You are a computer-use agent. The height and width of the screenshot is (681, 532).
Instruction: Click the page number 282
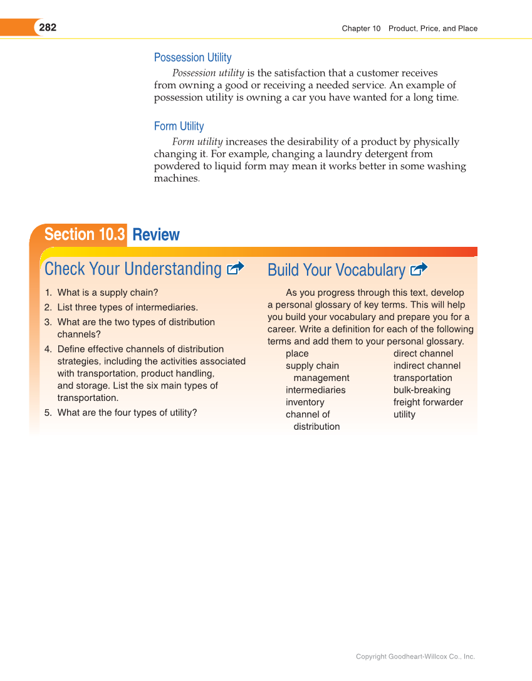pos(48,28)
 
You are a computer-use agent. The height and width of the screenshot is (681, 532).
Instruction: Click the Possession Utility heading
pos(192,58)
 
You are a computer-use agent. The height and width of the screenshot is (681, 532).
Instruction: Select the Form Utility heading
pos(179,127)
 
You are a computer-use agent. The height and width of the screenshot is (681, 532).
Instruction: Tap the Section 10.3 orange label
pos(84,234)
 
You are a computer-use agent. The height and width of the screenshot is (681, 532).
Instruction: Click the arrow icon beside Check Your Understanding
pos(235,269)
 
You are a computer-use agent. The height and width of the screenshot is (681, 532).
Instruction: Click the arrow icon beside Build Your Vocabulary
pos(419,270)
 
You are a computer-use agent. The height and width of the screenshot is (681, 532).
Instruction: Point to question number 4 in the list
pos(48,349)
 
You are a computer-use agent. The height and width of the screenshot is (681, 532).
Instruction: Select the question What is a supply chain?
pos(107,293)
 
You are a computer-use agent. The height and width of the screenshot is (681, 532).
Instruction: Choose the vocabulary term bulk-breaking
pos(422,390)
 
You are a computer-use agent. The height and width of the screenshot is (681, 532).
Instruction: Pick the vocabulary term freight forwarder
pos(428,402)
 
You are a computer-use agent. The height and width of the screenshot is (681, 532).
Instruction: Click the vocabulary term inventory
pos(305,402)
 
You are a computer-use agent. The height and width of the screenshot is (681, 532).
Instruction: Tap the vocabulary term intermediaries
pos(315,390)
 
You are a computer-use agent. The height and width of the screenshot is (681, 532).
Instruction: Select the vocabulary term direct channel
pos(423,354)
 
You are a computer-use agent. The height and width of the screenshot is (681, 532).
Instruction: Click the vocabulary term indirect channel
pos(427,366)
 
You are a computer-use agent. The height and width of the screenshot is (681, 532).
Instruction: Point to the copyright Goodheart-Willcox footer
pos(415,657)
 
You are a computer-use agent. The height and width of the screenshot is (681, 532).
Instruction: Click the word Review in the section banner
pos(156,235)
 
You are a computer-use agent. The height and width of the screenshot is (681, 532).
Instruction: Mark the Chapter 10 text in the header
pos(361,28)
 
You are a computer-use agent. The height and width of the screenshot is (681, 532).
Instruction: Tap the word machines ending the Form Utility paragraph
pos(176,179)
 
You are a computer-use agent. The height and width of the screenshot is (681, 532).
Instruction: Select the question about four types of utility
pos(127,413)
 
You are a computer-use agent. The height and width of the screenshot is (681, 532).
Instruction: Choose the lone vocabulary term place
pos(297,354)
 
